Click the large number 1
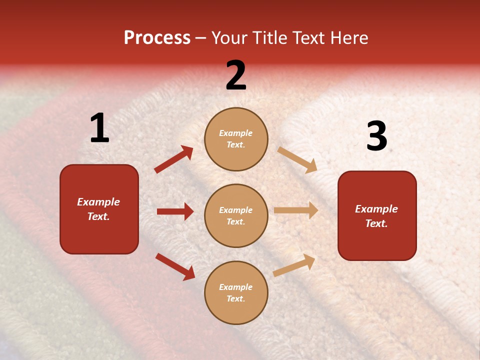[x=99, y=128]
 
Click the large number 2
[x=236, y=75]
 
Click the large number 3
[x=376, y=136]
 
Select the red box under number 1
[x=99, y=209]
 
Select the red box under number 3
[x=377, y=215]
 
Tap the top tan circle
[x=236, y=139]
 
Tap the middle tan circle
[x=236, y=215]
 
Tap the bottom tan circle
[x=236, y=292]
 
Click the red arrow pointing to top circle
[x=174, y=159]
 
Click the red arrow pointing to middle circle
[x=175, y=211]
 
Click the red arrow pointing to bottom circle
[x=175, y=266]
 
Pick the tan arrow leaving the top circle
[x=297, y=159]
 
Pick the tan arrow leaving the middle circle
[x=296, y=210]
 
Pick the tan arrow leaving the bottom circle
[x=294, y=265]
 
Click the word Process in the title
[x=157, y=37]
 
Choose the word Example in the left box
[x=98, y=202]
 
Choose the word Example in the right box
[x=376, y=209]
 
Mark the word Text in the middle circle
[x=235, y=221]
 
